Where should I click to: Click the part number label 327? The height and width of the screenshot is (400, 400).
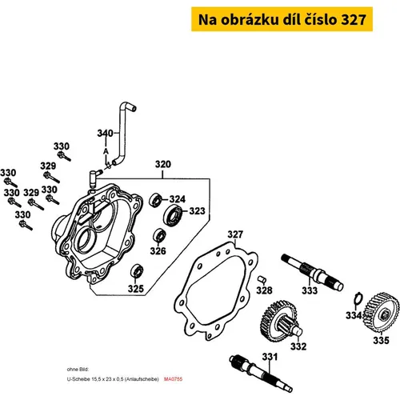[x=235, y=234]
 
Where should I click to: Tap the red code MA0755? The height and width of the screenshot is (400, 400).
[x=173, y=379]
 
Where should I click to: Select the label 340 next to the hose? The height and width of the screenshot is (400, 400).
[x=105, y=133]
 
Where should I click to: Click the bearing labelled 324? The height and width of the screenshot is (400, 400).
[x=155, y=200]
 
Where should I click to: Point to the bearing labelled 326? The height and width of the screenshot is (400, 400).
[x=159, y=235]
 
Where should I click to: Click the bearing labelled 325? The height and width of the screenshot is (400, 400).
[x=137, y=270]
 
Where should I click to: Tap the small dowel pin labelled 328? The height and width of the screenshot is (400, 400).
[x=262, y=279]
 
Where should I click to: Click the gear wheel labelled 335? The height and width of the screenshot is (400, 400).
[x=382, y=312]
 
